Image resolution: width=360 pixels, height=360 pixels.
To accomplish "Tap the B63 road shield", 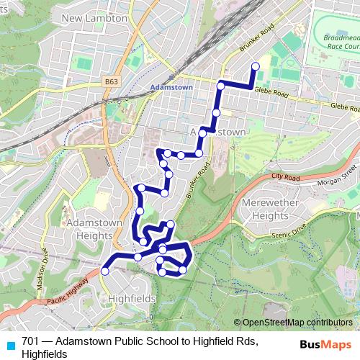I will click(x=110, y=82).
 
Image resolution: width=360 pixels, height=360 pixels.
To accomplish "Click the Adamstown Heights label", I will click(x=89, y=229).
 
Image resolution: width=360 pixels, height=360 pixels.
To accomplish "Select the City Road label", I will click(x=284, y=176).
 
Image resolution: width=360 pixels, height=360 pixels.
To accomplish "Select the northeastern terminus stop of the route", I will click(x=256, y=66).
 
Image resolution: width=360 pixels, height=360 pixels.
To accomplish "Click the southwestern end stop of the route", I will click(x=105, y=271).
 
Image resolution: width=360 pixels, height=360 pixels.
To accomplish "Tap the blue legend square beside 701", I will click(x=10, y=345).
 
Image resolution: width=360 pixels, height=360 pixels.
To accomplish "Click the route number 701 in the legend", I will click(x=31, y=341).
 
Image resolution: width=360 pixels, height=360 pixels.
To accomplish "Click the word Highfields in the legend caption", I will click(x=44, y=354).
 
